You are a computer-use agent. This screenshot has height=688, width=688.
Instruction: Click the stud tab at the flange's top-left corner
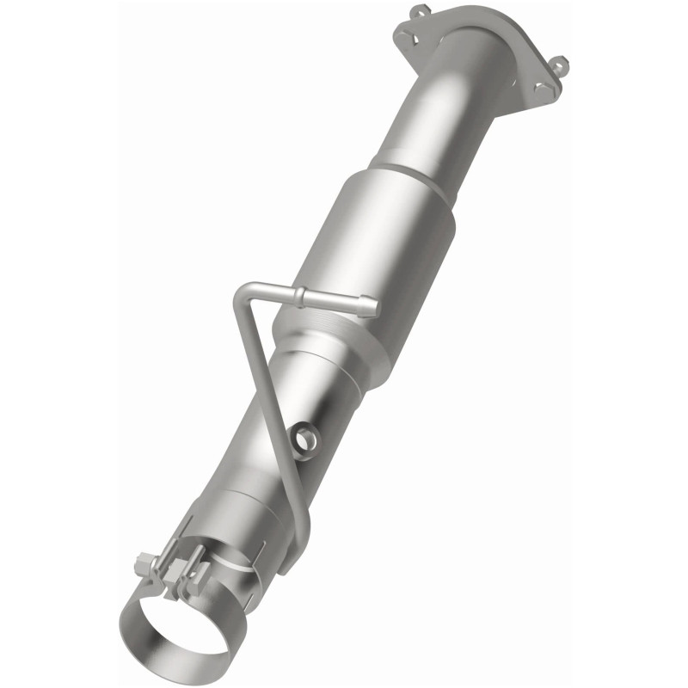coord(419,10)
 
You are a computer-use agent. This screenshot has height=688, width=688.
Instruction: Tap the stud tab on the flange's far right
coord(559,64)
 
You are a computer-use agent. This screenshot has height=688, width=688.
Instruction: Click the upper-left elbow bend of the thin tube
coord(243,298)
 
